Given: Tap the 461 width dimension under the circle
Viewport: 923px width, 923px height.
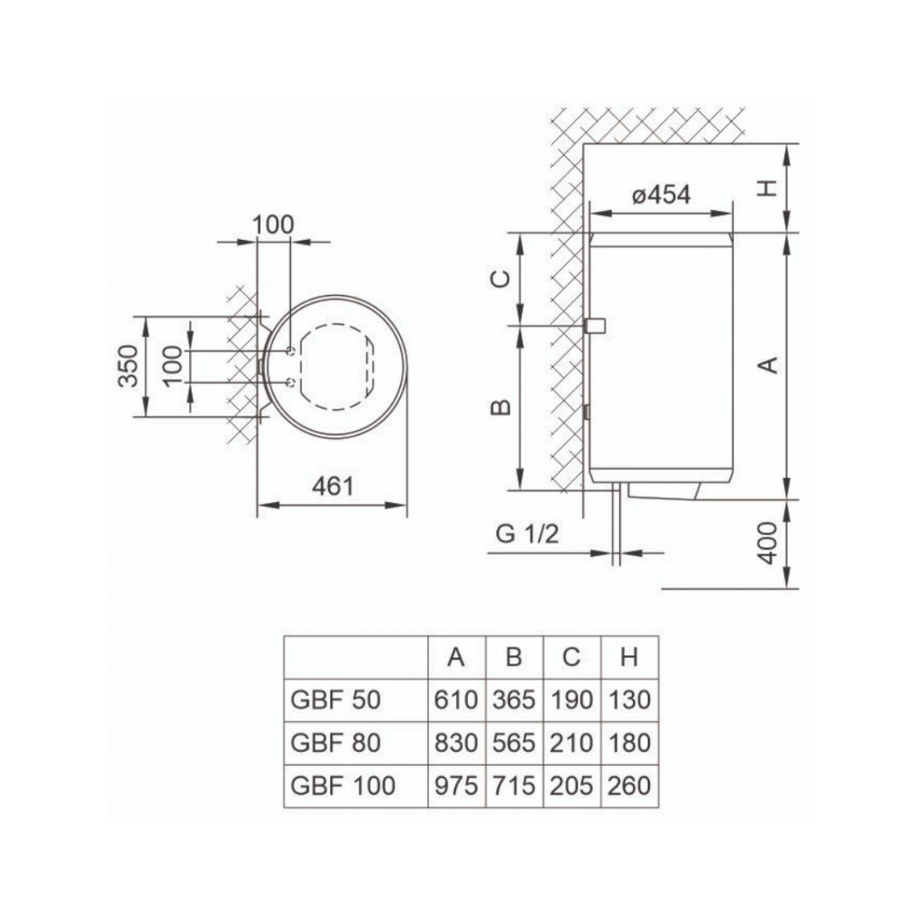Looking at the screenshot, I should pos(333,487).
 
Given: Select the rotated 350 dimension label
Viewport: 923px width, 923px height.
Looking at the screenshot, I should pos(131,366).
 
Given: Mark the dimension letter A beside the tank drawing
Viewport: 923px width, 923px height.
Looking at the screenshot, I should pos(767,364).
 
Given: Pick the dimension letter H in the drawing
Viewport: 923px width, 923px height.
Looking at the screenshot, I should pos(766,187).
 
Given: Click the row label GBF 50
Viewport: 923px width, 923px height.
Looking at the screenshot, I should pos(336,699).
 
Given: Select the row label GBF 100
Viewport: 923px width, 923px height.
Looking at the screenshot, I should pos(343,785).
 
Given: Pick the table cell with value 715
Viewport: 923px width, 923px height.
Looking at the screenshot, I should pos(514,785).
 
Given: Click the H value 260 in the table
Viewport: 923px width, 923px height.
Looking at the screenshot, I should pos(629,785).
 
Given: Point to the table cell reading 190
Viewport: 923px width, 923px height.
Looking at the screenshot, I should pos(571,699).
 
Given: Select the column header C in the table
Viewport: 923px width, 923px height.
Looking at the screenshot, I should pos(571,657).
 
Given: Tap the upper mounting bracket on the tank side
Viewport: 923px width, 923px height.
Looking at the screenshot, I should pos(594,325).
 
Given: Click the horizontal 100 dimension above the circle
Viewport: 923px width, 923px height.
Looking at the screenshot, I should pos(273,224).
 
